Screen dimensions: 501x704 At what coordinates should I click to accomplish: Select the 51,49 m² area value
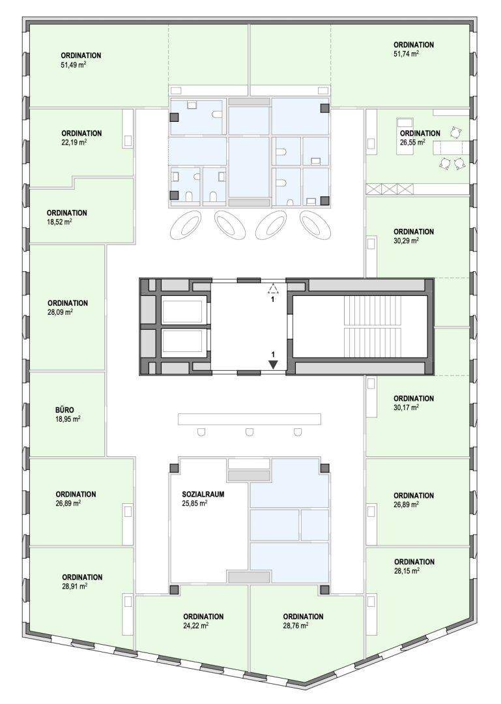tap(74, 65)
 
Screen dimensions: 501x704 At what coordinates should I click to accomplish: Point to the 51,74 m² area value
tap(407, 54)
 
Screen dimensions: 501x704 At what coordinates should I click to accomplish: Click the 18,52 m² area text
tap(60, 222)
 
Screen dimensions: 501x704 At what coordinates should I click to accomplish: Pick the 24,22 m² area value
tap(195, 625)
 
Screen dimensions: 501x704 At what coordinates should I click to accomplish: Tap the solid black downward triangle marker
tap(273, 364)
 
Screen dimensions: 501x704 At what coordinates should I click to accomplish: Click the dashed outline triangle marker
tap(272, 289)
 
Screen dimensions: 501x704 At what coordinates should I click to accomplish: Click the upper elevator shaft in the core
tap(184, 311)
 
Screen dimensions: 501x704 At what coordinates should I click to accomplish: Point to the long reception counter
tap(250, 419)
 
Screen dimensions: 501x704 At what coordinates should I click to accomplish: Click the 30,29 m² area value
tap(407, 241)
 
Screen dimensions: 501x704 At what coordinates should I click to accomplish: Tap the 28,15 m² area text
tap(407, 570)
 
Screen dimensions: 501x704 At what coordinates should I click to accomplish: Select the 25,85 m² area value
tap(194, 503)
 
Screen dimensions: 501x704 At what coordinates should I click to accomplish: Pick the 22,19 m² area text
tap(74, 142)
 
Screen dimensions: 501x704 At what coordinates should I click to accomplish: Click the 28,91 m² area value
tap(74, 586)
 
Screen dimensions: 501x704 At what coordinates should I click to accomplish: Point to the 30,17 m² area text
tap(407, 407)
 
